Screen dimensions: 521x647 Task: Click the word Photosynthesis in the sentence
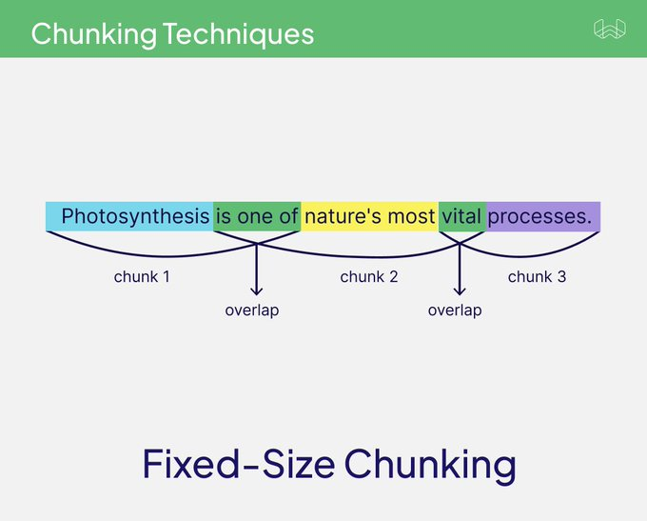point(135,217)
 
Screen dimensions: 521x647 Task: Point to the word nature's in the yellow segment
point(343,217)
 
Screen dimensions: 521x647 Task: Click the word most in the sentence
point(411,217)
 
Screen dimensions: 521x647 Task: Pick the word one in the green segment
point(255,217)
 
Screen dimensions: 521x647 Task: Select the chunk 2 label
point(368,277)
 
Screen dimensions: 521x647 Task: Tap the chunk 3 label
point(537,277)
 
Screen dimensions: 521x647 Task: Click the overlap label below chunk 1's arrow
point(252,311)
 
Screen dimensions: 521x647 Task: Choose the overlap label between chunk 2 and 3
point(455,311)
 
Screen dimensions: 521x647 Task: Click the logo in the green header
point(610,30)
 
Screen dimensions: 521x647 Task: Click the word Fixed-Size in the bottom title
point(238,465)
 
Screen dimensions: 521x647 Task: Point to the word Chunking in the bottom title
point(430,465)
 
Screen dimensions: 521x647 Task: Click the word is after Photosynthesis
point(224,217)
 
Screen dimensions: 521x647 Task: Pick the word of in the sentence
point(288,217)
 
